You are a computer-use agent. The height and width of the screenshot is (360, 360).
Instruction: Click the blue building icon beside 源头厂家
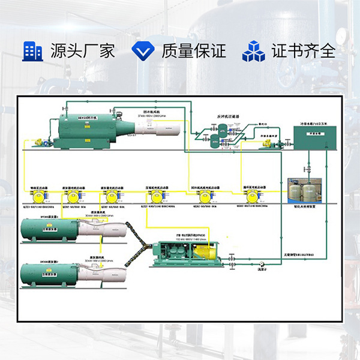point(32,51)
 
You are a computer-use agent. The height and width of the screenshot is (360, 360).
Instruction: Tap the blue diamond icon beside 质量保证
point(143,51)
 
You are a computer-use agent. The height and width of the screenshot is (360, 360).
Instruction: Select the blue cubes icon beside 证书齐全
point(253,51)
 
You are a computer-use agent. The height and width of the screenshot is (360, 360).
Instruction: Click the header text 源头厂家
point(82,51)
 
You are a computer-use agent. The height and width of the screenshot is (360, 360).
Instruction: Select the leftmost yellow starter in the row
point(41,196)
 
